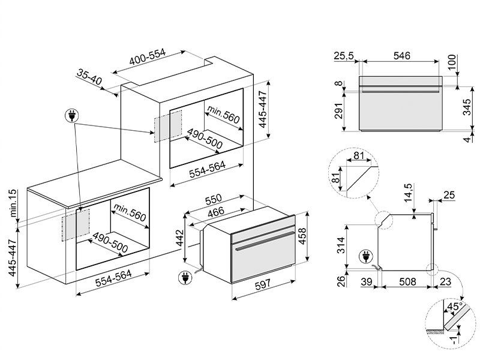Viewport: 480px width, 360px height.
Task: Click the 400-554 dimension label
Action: point(147,57)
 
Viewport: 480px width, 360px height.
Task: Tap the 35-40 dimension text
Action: point(89,77)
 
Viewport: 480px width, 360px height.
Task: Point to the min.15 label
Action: point(13,203)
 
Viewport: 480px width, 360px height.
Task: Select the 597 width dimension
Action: point(263,284)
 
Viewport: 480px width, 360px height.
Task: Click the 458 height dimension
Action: point(302,236)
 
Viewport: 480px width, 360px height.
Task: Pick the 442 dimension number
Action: point(179,238)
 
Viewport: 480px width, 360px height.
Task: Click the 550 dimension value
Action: point(214,199)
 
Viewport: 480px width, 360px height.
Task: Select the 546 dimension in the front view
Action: point(401,56)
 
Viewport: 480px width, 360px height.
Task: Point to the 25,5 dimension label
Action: point(343,56)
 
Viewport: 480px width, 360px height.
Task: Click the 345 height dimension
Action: point(467,107)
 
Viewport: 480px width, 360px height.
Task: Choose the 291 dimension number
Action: point(338,110)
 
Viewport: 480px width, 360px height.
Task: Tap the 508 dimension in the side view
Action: point(408,281)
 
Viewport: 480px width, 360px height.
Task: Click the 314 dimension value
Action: point(340,245)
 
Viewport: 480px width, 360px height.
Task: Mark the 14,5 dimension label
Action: point(409,193)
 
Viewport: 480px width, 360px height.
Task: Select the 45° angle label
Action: point(454,307)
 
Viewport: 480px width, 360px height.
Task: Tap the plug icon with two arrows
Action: point(71,116)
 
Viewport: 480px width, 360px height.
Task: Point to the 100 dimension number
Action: point(452,62)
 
